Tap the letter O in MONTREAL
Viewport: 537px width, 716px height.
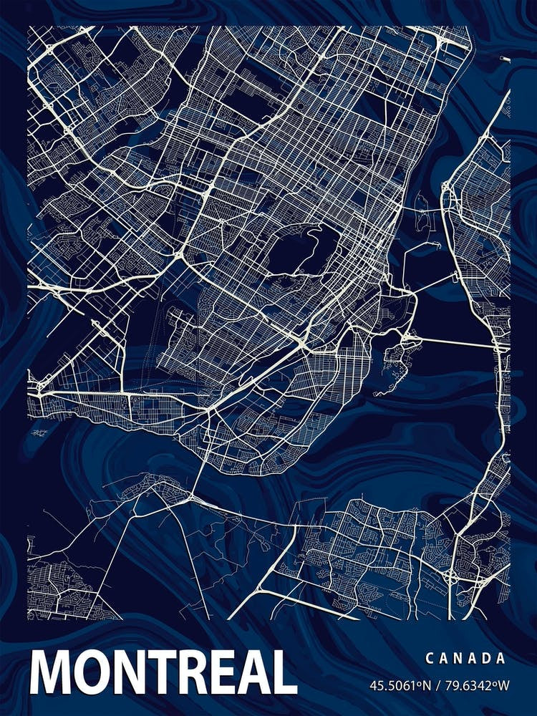(x=92, y=674)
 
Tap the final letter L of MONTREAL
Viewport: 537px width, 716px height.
(x=283, y=674)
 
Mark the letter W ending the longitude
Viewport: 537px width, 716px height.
(x=504, y=685)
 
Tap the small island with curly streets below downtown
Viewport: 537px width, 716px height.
(x=398, y=350)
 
